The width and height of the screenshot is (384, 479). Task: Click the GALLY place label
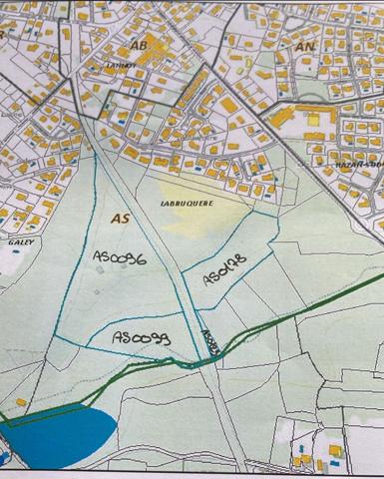pos(20,240)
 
